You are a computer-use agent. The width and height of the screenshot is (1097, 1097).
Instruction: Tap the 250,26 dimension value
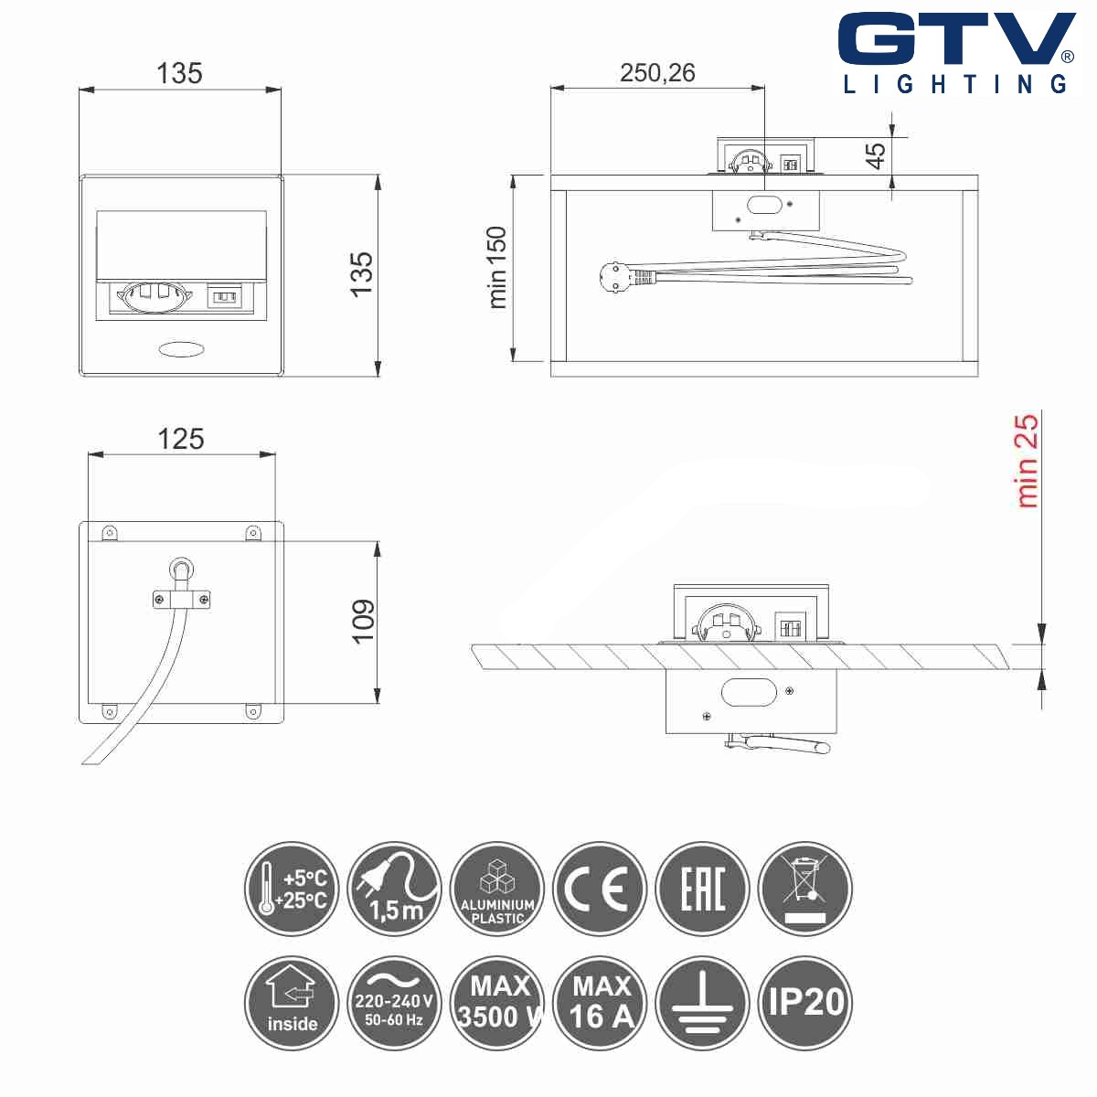coord(657,73)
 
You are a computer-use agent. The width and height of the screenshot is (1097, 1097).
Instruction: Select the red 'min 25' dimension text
coord(1028,461)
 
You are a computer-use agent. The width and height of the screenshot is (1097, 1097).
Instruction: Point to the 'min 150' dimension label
coord(497,267)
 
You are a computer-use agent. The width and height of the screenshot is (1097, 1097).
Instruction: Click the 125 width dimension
coord(180,439)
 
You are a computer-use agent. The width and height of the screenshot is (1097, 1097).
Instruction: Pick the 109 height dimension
coord(364,622)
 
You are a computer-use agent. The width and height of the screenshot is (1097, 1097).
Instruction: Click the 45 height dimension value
coord(876,155)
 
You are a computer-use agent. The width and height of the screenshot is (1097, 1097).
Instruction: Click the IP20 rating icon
coord(805,1002)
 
